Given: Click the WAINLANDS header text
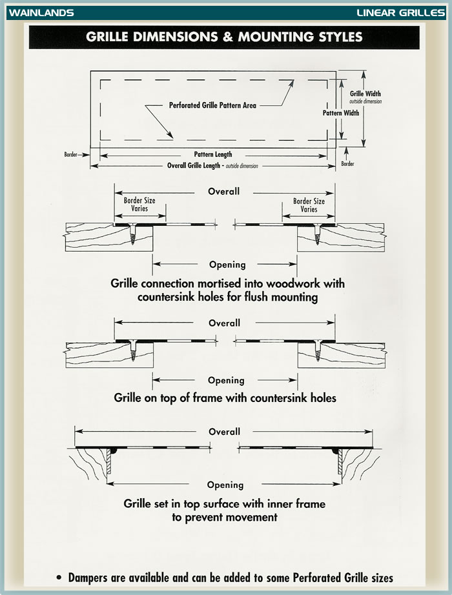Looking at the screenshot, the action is [x=41, y=12].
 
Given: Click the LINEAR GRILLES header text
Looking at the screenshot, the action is [x=400, y=12].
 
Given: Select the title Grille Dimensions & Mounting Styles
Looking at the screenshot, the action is [x=224, y=37].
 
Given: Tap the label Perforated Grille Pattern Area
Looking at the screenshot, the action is [x=212, y=105].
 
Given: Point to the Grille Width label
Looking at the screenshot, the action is [x=365, y=94].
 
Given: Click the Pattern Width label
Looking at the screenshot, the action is [x=341, y=113].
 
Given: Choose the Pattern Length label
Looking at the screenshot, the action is [x=212, y=154].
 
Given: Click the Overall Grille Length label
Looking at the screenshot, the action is [x=193, y=165].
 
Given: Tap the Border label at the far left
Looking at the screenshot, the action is [x=70, y=154].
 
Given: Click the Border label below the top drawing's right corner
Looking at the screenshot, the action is [x=347, y=163].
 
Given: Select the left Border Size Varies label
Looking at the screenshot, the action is [x=139, y=204].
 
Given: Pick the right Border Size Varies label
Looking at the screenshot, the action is [x=309, y=205].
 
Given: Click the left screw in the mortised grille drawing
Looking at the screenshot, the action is [x=132, y=234].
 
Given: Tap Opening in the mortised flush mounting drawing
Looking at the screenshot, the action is [x=227, y=265].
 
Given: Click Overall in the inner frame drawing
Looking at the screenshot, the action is [x=224, y=432].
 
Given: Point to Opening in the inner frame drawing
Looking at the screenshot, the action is [x=225, y=485].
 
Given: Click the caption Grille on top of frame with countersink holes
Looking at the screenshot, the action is [x=225, y=398].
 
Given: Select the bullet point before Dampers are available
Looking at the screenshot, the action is [x=59, y=578].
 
